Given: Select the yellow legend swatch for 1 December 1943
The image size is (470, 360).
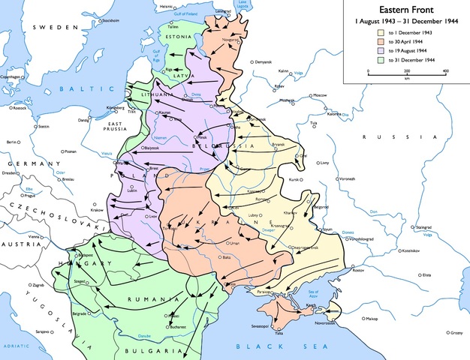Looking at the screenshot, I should coord(381,33).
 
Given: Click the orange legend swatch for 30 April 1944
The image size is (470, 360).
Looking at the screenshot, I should coord(381,42).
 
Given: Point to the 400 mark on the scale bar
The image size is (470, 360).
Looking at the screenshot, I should coord(446,70).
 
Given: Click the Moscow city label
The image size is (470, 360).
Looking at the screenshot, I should coord(321,95).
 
